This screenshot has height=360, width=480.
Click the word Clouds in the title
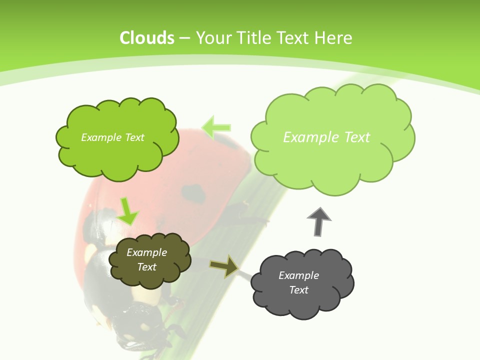tap(147, 38)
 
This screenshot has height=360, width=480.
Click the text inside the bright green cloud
tap(112, 137)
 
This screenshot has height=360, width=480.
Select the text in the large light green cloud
tap(326, 137)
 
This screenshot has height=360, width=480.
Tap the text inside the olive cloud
tap(147, 259)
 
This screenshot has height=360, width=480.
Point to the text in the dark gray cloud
tap(298, 282)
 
